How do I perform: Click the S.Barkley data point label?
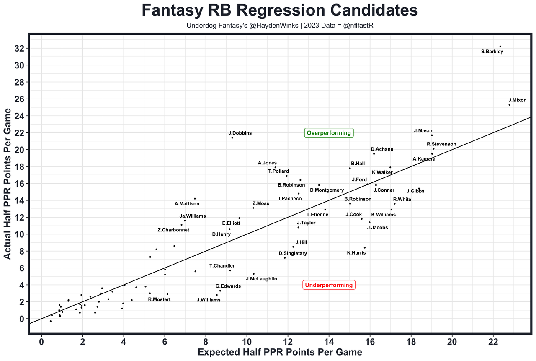[x=492, y=52]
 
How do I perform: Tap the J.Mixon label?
[x=517, y=100]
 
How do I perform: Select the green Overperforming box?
[x=329, y=133]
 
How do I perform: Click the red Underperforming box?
[x=329, y=285]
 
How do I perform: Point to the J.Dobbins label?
[x=240, y=133]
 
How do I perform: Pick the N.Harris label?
[x=356, y=253]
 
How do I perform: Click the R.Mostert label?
[x=159, y=299]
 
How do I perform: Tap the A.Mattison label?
[x=187, y=204]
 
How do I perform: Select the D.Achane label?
[x=382, y=149]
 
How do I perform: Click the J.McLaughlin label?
[x=261, y=279]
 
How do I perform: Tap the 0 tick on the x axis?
[x=41, y=342]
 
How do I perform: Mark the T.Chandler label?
[x=222, y=266]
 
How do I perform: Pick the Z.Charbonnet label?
[x=173, y=230]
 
